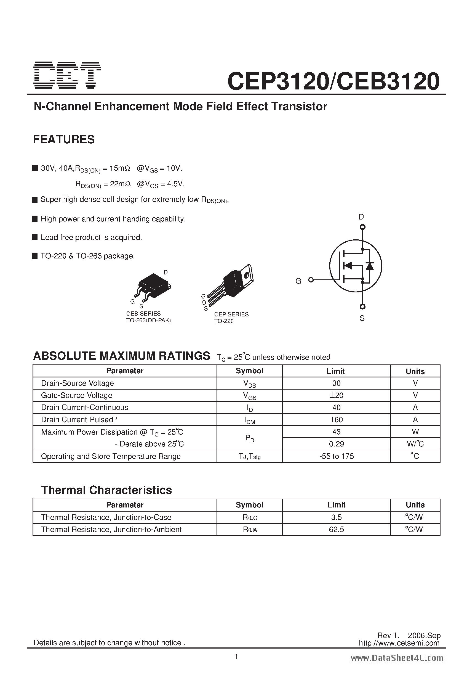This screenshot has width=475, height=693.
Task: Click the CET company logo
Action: click(x=67, y=75)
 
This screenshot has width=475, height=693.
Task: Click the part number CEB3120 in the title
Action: click(x=389, y=81)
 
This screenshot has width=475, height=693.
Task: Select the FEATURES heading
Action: click(x=64, y=139)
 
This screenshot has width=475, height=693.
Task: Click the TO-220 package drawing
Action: click(x=235, y=283)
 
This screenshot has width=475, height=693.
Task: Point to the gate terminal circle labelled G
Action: click(x=311, y=280)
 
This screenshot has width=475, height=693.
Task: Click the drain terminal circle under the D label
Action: click(x=362, y=227)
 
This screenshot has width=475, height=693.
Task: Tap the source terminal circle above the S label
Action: click(x=362, y=306)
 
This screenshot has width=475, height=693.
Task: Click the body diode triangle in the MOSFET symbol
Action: click(x=370, y=266)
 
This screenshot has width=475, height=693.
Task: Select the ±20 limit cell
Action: click(x=336, y=395)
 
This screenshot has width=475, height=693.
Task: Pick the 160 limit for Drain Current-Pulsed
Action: click(x=336, y=420)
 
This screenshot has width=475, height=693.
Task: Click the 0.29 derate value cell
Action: click(x=336, y=444)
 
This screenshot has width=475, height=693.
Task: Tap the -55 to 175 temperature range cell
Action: click(x=336, y=456)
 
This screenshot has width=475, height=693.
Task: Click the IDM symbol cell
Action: click(x=249, y=420)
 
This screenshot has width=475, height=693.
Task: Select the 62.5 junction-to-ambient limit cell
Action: click(x=336, y=529)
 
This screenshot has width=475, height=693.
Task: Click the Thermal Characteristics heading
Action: click(x=106, y=490)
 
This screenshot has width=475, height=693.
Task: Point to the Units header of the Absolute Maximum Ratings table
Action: click(x=415, y=371)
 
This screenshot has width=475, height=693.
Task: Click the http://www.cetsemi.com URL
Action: click(x=399, y=643)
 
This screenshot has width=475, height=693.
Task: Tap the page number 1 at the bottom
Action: click(x=237, y=656)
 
